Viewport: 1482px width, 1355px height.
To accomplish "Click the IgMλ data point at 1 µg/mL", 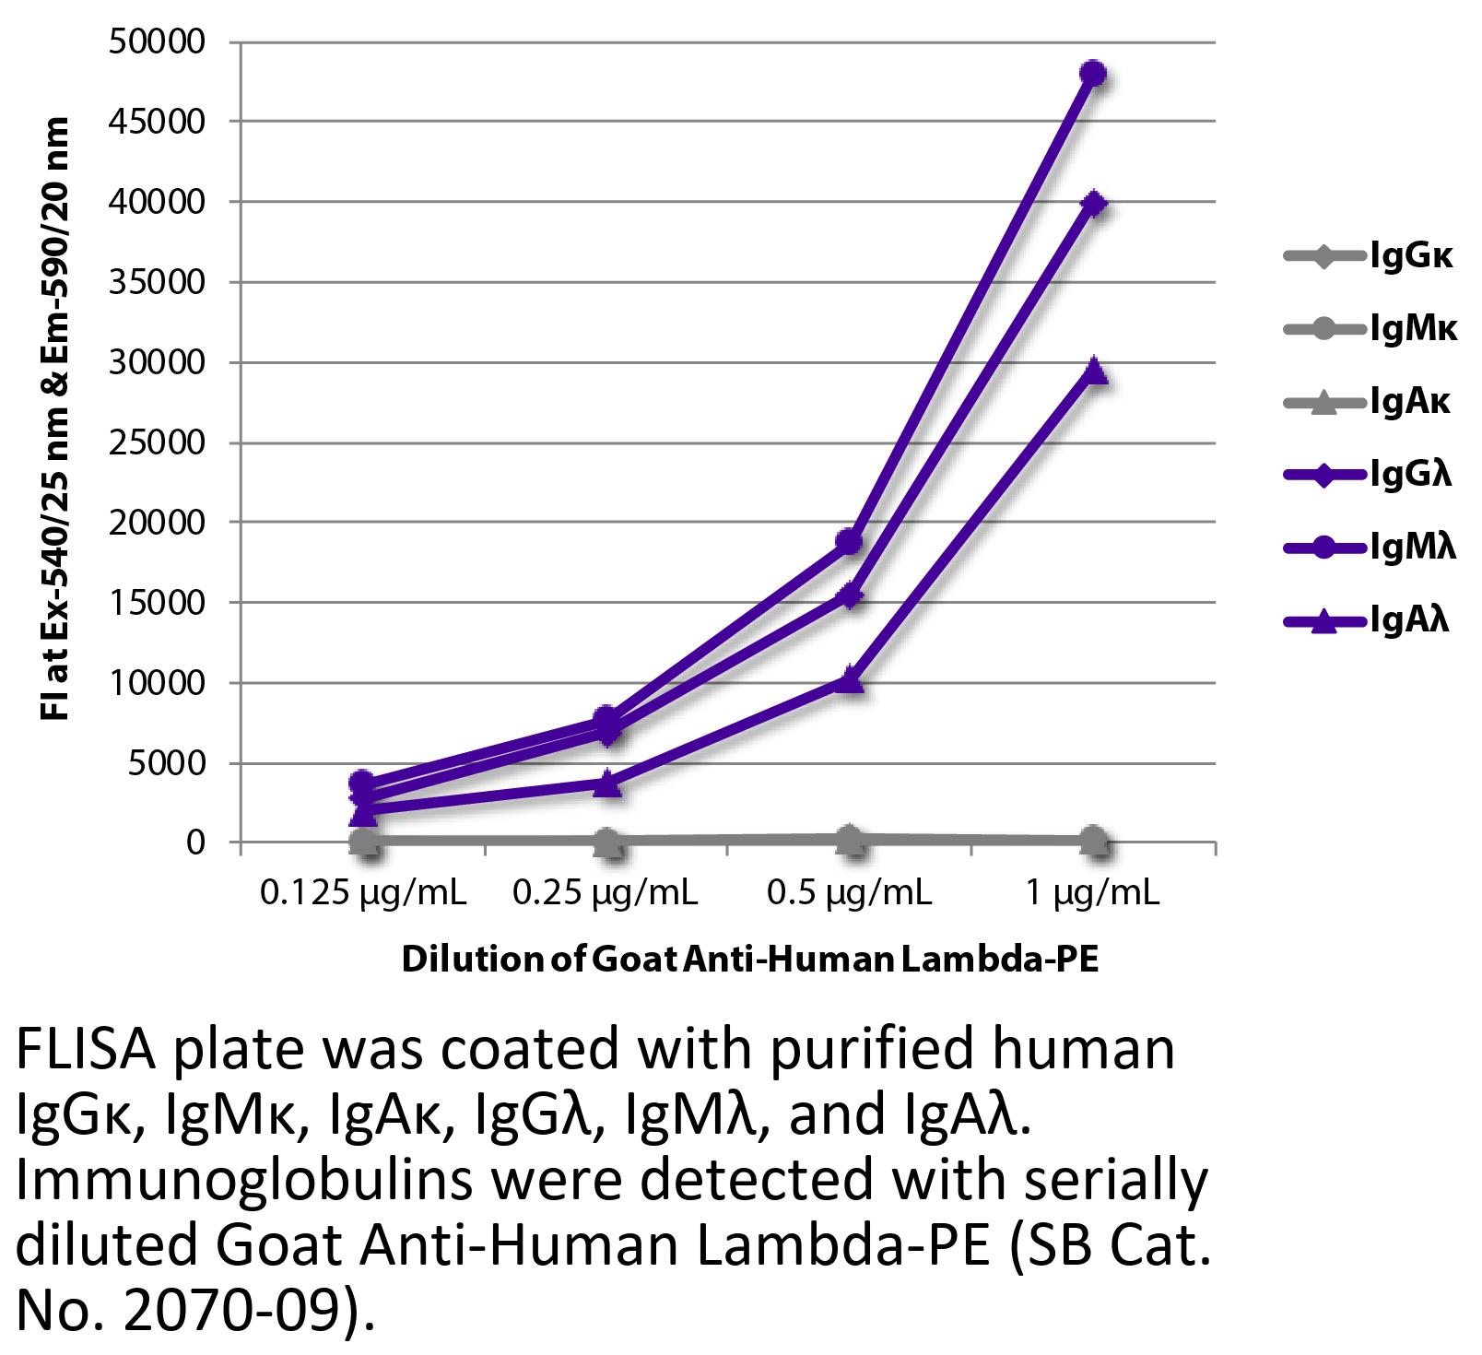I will tap(1093, 74).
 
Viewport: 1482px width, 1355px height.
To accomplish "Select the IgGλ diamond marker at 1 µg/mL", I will tap(1093, 204).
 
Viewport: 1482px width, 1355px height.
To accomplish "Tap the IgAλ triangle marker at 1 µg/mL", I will tap(1093, 371).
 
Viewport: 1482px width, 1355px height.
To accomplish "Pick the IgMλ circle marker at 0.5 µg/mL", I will tap(850, 542).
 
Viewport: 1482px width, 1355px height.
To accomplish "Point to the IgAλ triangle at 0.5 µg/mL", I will tap(850, 681).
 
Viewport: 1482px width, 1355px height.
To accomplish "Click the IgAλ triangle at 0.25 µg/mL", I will tap(606, 784).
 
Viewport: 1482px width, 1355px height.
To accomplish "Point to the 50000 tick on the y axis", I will tap(156, 41).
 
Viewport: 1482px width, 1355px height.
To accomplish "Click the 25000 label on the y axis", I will tap(156, 442).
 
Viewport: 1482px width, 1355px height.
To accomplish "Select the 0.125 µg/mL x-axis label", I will tap(363, 892).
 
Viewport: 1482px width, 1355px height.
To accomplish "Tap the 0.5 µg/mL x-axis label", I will tap(850, 892).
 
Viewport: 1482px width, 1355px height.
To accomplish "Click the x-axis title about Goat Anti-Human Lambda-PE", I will tap(750, 960).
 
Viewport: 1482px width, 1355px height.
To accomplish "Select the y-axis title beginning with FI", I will tap(55, 419).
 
